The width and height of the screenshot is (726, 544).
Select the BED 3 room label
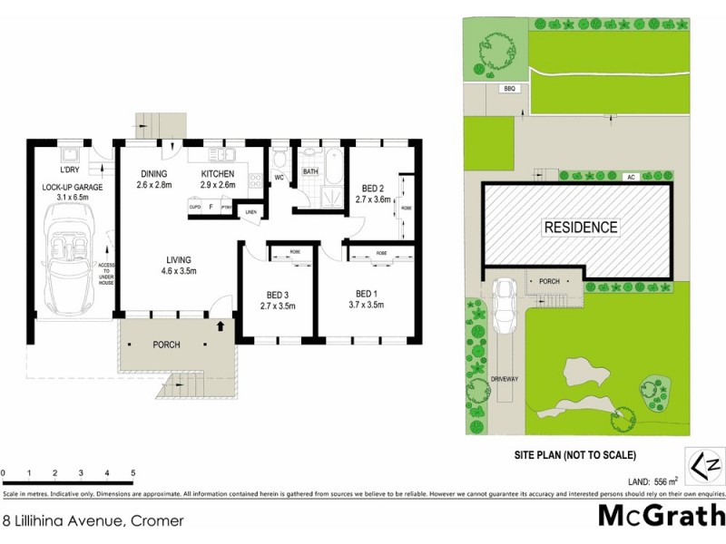click(x=279, y=295)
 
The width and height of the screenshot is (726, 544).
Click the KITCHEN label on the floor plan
click(x=218, y=174)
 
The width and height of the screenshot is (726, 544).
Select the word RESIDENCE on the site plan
click(x=581, y=228)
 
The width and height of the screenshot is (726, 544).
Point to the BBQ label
click(x=509, y=88)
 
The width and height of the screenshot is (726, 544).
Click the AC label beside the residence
click(x=629, y=177)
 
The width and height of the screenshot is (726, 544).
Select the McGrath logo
click(x=661, y=515)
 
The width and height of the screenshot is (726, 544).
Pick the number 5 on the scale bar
click(x=132, y=473)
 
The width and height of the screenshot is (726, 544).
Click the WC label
click(x=280, y=177)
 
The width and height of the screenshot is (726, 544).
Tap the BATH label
click(x=310, y=171)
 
